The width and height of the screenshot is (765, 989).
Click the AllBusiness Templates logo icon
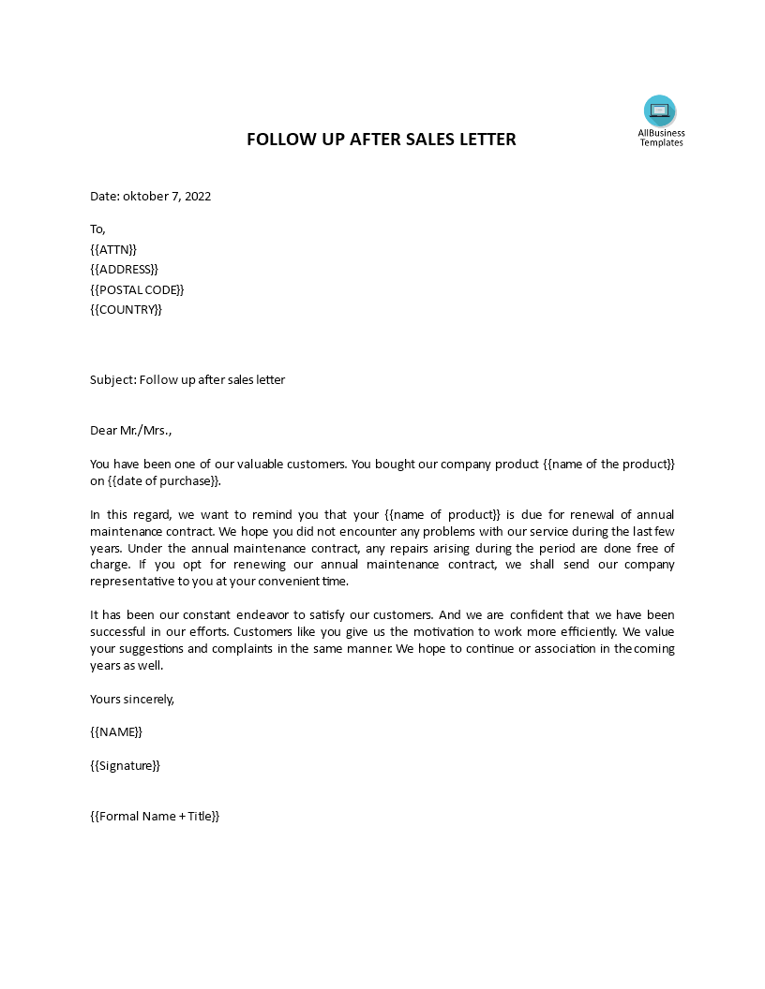pyautogui.click(x=660, y=111)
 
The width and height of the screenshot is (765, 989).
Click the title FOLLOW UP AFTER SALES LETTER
pyautogui.click(x=381, y=140)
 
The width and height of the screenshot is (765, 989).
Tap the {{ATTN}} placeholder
pyautogui.click(x=113, y=249)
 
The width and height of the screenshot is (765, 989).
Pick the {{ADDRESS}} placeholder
pyautogui.click(x=124, y=270)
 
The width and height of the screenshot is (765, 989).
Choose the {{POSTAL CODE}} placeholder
pyautogui.click(x=137, y=290)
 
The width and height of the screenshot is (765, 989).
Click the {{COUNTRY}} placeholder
pyautogui.click(x=126, y=310)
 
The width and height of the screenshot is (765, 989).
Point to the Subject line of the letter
pyautogui.click(x=187, y=379)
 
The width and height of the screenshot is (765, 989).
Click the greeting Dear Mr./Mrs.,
pyautogui.click(x=131, y=431)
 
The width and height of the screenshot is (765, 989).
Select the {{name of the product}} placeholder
pyautogui.click(x=608, y=464)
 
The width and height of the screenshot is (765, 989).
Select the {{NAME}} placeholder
pyautogui.click(x=116, y=731)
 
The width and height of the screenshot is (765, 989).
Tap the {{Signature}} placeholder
pyautogui.click(x=125, y=765)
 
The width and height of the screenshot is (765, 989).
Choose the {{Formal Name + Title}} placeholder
pyautogui.click(x=155, y=816)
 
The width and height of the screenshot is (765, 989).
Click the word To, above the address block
pyautogui.click(x=98, y=229)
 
